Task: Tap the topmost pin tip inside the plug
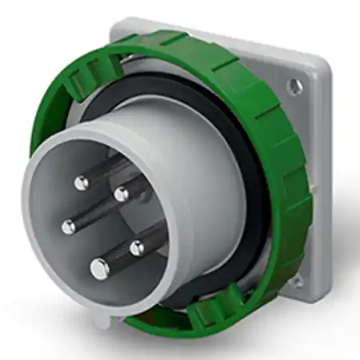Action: [82, 183]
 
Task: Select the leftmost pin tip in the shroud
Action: [68, 226]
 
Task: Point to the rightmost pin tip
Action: [138, 246]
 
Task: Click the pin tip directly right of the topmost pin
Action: [121, 193]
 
